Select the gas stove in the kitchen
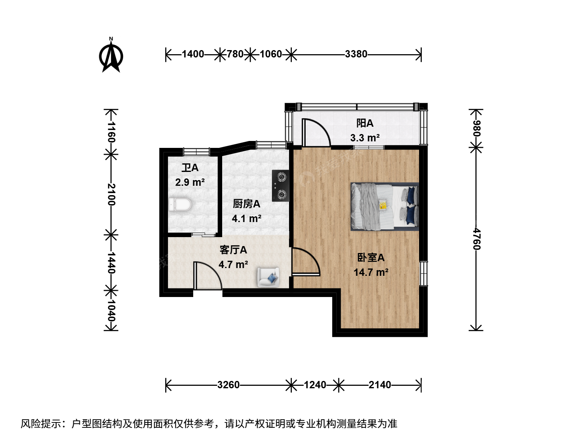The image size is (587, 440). tap(280, 185)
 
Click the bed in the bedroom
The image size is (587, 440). tap(384, 207)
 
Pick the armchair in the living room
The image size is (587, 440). tap(268, 277)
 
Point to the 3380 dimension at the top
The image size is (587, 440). tap(356, 54)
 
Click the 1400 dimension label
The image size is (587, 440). tap(193, 54)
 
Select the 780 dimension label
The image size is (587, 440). tap(235, 54)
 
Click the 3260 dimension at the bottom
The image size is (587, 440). tap(228, 385)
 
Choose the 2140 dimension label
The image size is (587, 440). tap(380, 385)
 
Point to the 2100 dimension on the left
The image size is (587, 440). tap(112, 194)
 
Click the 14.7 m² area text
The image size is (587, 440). tap(371, 273)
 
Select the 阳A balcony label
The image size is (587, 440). tap(365, 123)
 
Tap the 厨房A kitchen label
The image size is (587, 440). tap(246, 204)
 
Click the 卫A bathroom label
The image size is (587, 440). tap(190, 168)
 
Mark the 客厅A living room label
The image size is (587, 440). tap(233, 250)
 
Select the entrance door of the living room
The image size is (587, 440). tap(208, 275)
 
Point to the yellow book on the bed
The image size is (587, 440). tap(383, 205)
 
